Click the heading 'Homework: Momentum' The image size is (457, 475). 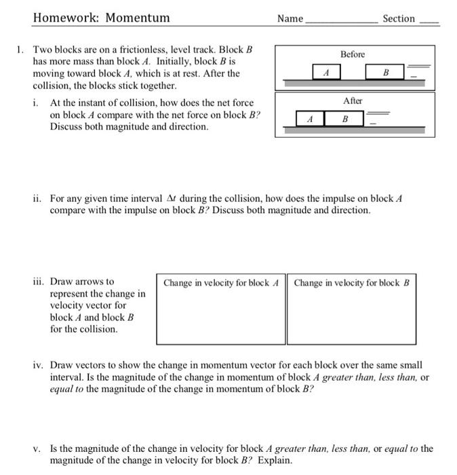101,18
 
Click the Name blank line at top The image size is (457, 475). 342,22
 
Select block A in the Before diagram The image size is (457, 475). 325,71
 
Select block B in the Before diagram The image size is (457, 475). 385,71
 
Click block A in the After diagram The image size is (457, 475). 311,118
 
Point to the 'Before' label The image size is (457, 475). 353,54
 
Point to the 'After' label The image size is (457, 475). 353,100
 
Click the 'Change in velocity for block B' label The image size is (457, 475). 351,282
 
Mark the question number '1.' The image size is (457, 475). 21,50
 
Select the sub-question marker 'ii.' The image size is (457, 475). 38,199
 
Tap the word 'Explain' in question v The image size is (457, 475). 275,460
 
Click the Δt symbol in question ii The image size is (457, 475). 172,199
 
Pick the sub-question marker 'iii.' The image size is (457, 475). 39,281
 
